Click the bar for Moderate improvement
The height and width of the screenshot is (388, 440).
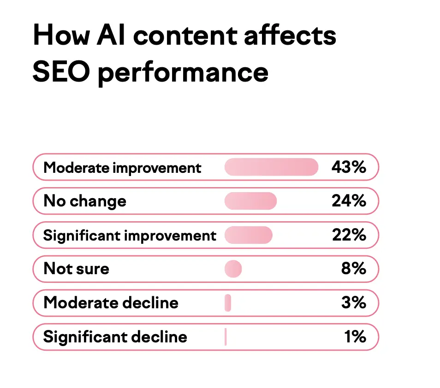(x=271, y=167)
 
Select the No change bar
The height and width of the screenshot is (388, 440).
(x=250, y=201)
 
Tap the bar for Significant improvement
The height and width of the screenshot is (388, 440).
(x=249, y=235)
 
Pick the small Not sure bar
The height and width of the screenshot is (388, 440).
(x=233, y=269)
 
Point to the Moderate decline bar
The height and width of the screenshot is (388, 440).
(x=228, y=303)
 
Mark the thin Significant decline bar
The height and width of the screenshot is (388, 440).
(x=226, y=337)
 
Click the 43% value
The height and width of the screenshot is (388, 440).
(x=348, y=167)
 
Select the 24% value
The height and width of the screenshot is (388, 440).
(x=349, y=201)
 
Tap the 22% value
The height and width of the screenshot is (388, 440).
(x=349, y=235)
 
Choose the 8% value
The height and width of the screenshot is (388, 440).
(x=353, y=269)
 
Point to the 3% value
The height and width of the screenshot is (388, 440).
(x=354, y=303)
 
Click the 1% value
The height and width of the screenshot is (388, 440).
(x=355, y=337)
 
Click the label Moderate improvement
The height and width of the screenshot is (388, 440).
(x=122, y=167)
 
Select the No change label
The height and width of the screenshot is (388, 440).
(x=84, y=201)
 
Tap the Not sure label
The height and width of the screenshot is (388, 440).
(x=76, y=269)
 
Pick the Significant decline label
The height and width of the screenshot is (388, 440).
(x=115, y=337)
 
